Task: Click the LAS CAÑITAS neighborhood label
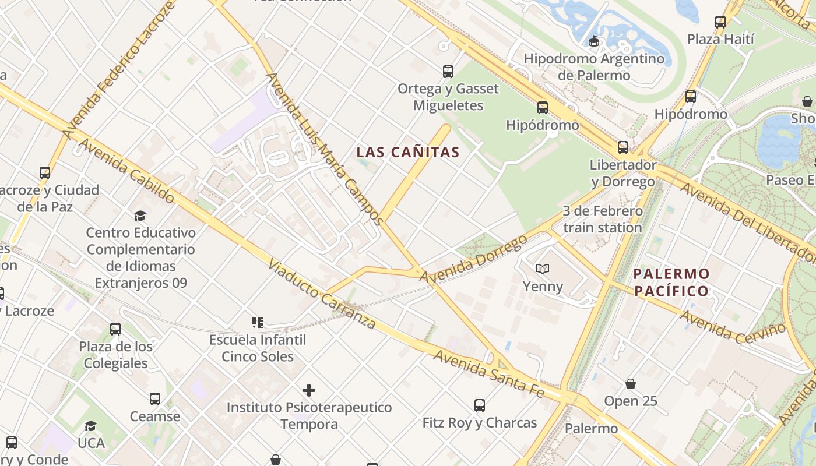[x=408, y=153]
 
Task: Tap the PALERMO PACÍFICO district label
[x=671, y=283]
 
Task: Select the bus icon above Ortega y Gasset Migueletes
[x=448, y=72]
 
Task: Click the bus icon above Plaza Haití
[x=720, y=22]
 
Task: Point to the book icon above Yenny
[x=543, y=269]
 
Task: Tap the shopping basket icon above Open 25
[x=631, y=384]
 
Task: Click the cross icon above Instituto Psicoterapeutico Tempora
[x=309, y=390]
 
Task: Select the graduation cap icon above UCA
[x=90, y=426]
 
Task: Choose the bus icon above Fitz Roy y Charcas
[x=480, y=405]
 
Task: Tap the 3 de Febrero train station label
[x=603, y=219]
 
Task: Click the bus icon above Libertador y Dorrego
[x=623, y=147]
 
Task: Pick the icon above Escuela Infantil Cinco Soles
[x=258, y=322]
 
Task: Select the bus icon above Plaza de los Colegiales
[x=115, y=329]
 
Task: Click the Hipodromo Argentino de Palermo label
[x=594, y=67]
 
